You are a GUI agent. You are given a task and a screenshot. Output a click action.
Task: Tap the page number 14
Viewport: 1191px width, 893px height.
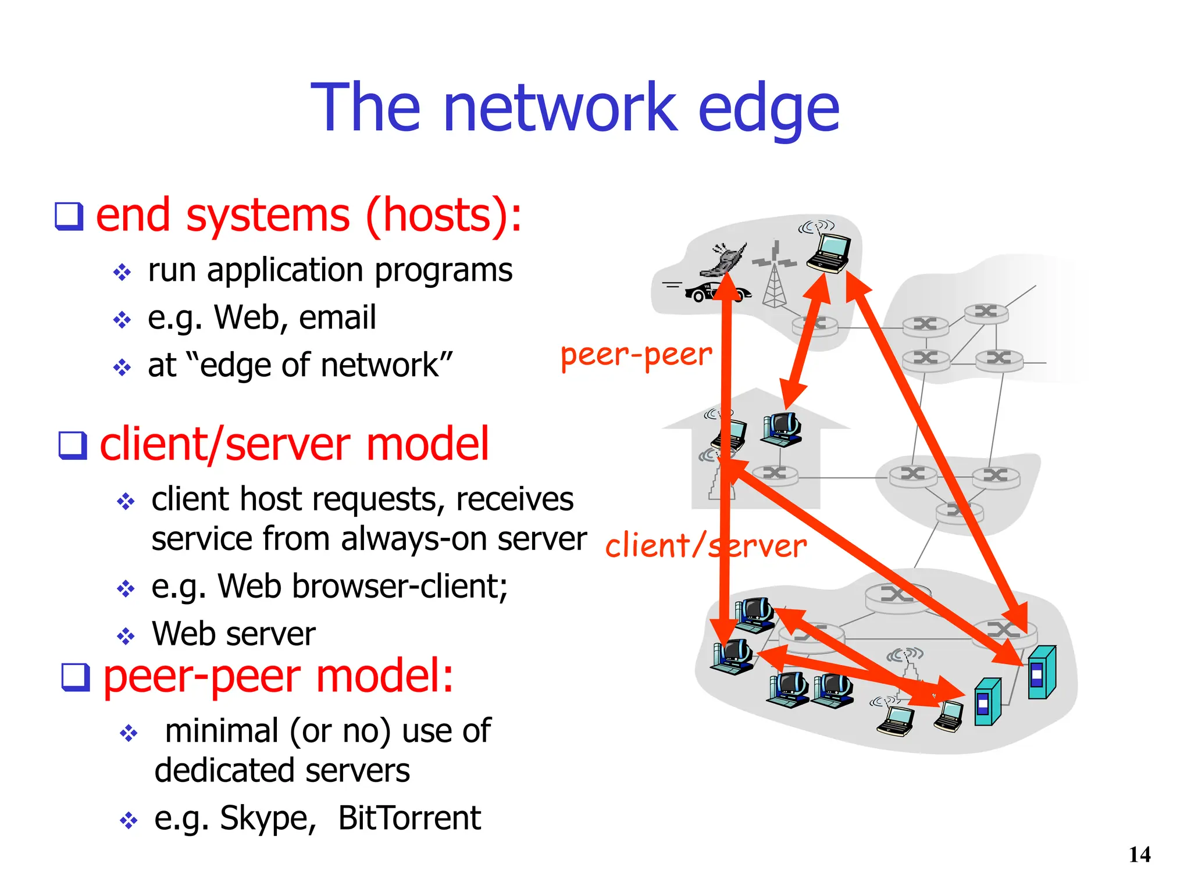[1139, 855]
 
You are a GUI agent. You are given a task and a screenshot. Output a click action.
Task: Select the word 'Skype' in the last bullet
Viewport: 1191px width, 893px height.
[266, 819]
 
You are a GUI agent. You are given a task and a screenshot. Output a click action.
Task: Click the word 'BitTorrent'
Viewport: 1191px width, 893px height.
[409, 818]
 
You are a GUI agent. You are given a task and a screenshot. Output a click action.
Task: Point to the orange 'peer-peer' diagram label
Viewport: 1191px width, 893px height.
[636, 355]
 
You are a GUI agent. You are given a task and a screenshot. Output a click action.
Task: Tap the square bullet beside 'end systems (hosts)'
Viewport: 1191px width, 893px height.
[69, 216]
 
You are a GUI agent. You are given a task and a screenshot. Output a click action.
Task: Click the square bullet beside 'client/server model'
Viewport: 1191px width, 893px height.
[73, 445]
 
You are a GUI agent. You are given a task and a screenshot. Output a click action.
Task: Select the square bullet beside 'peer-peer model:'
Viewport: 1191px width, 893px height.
[76, 677]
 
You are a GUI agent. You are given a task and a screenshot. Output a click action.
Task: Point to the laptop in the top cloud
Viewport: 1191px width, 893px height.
[829, 253]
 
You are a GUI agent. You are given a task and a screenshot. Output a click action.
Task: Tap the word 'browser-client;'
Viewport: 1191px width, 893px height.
[400, 586]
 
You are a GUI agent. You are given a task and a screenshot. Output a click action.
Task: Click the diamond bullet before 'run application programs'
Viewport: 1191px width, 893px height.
[122, 272]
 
